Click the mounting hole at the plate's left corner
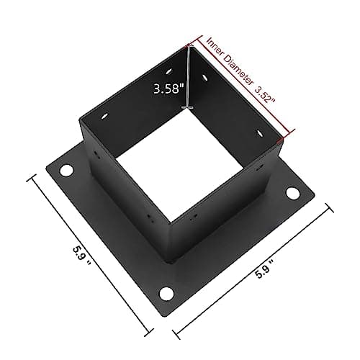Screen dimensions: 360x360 point(67,171)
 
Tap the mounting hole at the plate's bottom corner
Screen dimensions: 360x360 point(167,293)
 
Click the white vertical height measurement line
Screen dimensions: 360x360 point(189,76)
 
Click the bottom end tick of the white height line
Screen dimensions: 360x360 point(189,108)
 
